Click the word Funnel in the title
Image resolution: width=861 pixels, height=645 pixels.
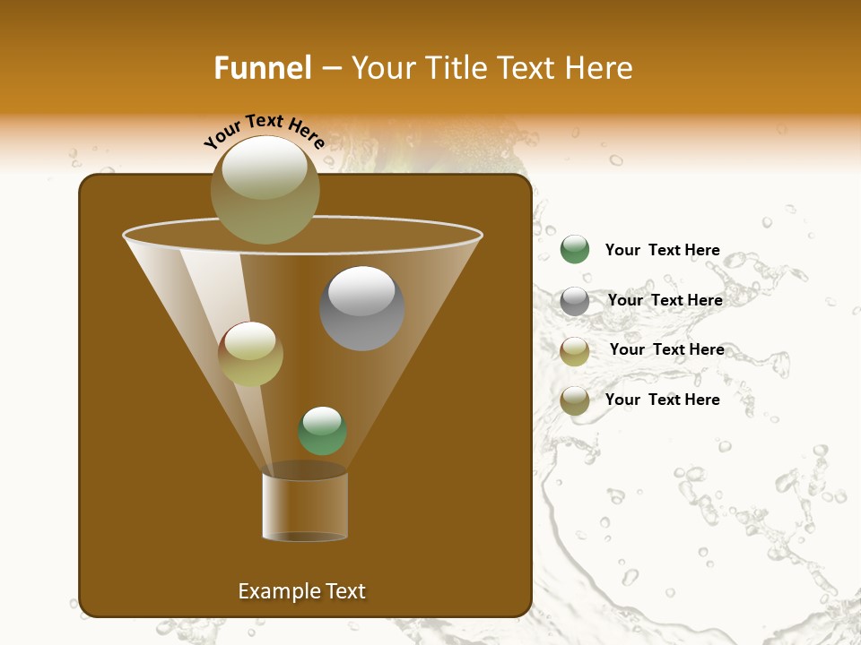262,68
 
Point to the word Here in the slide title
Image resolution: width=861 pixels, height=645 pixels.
600,68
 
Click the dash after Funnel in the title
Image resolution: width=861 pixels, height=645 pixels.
330,69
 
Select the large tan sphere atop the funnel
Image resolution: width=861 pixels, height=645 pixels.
265,189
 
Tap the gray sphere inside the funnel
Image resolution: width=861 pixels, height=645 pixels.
361,307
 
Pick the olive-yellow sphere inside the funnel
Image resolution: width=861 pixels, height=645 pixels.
250,354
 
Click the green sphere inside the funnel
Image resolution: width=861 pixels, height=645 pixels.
322,430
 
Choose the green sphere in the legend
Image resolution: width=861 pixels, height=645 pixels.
575,249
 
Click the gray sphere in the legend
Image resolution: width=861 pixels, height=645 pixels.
575,301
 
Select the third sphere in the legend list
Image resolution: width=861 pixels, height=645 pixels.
575,351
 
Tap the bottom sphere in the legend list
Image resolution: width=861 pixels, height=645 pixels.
575,400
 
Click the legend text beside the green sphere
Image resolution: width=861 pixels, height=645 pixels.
662,250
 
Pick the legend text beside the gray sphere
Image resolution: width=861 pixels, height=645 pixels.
665,300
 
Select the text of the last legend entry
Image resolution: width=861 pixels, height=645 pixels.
662,400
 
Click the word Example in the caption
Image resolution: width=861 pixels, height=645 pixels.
279,591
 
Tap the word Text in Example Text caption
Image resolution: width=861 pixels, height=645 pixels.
344,591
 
